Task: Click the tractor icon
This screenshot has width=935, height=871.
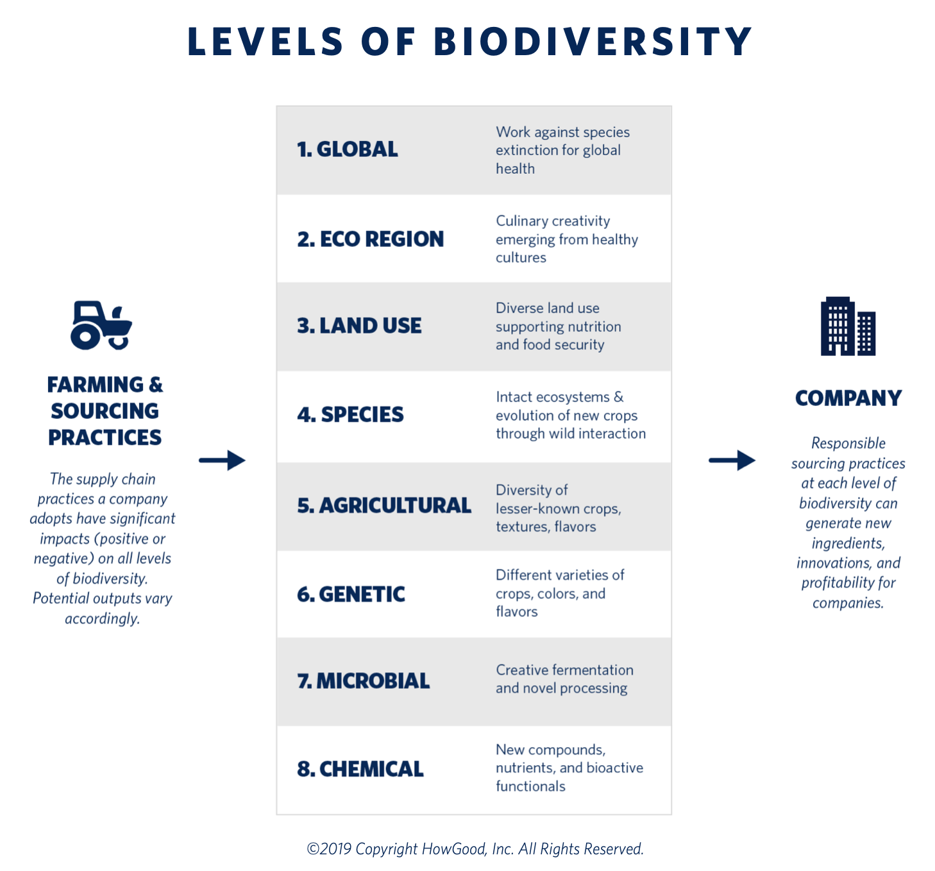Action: tap(101, 325)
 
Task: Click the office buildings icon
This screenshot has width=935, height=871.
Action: tap(848, 326)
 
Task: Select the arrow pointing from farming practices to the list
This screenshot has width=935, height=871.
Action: tap(223, 461)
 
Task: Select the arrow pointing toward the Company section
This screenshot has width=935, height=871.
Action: tap(732, 461)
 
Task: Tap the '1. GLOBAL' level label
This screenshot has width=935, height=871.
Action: tap(348, 149)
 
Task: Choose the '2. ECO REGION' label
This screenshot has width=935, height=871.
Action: tap(371, 239)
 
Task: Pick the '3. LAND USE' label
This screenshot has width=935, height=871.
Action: tap(359, 326)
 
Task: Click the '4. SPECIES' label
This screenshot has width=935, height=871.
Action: tap(350, 414)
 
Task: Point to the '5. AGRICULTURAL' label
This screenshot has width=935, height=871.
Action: tap(384, 505)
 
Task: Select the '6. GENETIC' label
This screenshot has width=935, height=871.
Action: tap(351, 594)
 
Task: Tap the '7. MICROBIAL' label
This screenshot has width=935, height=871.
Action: tap(364, 681)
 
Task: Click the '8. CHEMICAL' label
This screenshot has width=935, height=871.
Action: tap(360, 769)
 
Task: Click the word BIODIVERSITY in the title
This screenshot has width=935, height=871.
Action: tap(593, 42)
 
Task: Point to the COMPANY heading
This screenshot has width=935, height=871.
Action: tap(848, 398)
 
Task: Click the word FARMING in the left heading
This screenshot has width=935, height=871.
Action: tap(95, 385)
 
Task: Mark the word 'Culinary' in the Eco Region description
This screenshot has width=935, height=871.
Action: tap(522, 221)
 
